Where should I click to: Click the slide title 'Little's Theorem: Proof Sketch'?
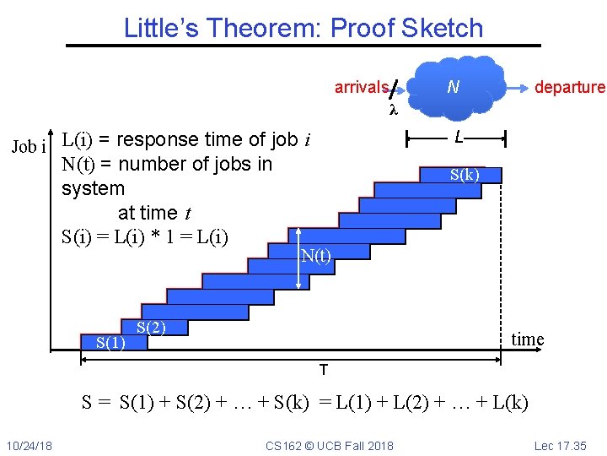(303, 28)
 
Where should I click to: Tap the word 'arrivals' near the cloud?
(361, 87)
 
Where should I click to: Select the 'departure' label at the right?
(570, 87)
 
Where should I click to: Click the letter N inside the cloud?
(453, 87)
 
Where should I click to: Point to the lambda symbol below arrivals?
(392, 110)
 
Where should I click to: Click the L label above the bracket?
(457, 136)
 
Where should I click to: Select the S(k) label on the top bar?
(465, 175)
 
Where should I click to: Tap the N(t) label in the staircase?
(316, 257)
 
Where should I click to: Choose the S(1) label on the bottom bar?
(110, 343)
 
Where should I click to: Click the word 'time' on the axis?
(528, 339)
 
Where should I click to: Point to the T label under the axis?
(323, 371)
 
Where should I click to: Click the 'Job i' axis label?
(29, 147)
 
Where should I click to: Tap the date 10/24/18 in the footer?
(29, 445)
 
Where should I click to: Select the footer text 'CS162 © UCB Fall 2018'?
(329, 445)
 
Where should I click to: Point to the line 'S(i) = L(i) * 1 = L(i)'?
(145, 236)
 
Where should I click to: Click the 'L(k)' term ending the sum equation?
(509, 402)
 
